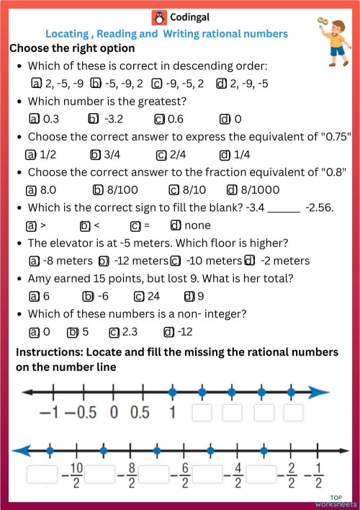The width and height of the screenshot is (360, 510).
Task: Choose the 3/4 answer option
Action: [x=104, y=154]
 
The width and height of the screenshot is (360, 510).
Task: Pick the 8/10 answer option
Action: [x=186, y=190]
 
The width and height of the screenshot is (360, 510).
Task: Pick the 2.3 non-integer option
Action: [x=123, y=332]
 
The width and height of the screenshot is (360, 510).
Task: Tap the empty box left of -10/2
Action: [x=41, y=474]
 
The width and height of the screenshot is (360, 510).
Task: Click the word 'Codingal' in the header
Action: [x=189, y=17]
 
